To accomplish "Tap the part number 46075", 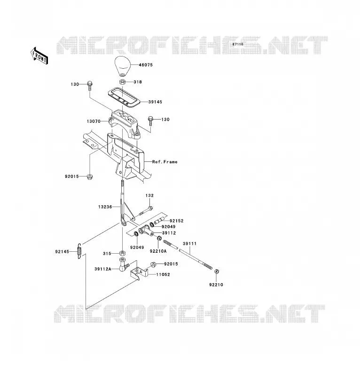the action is [146, 65].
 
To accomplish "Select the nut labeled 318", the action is [122, 82].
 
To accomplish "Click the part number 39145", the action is [155, 102].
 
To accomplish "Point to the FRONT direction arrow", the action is [39, 56].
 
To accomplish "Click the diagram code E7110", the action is [238, 44].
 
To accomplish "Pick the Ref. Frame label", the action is [165, 162].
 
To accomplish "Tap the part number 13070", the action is [94, 121].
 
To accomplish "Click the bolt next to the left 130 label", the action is [90, 86].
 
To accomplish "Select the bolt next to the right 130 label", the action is [150, 121].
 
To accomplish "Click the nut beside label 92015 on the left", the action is [89, 177].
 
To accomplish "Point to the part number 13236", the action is [105, 207].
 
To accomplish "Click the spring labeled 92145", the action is [79, 251].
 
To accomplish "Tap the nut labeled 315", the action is [122, 253].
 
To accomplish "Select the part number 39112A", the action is [103, 269].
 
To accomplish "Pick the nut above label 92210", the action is [217, 272].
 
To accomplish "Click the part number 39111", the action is [189, 244].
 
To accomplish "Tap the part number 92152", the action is [177, 221].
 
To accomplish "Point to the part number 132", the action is [149, 195].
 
